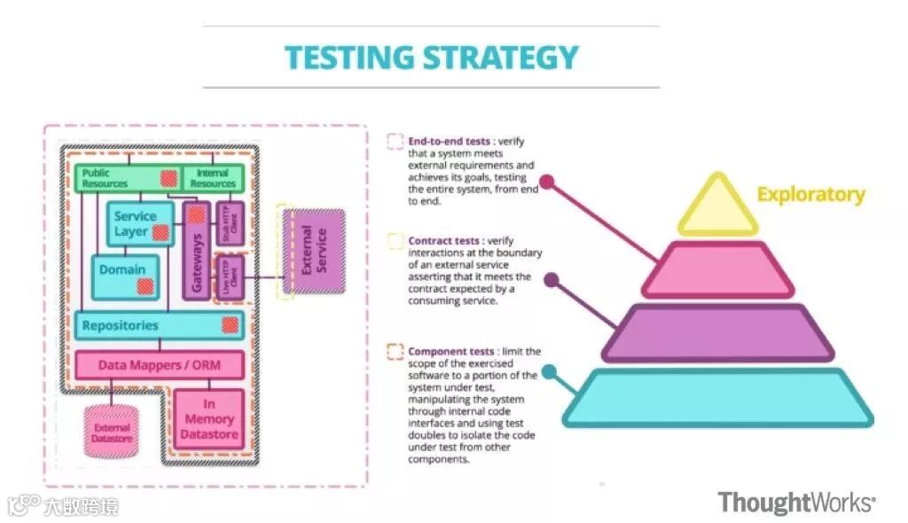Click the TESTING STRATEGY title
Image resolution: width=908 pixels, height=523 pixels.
point(431,58)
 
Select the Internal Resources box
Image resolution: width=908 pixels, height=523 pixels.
point(213,178)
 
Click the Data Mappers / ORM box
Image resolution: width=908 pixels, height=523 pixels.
point(160,364)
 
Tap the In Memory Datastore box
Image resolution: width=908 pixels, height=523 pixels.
point(209,419)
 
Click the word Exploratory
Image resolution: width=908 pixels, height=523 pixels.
point(810,195)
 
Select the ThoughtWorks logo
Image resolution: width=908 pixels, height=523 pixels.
point(796,503)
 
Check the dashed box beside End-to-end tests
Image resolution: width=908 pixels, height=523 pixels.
point(395,141)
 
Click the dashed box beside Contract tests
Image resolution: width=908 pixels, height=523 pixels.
point(395,241)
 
